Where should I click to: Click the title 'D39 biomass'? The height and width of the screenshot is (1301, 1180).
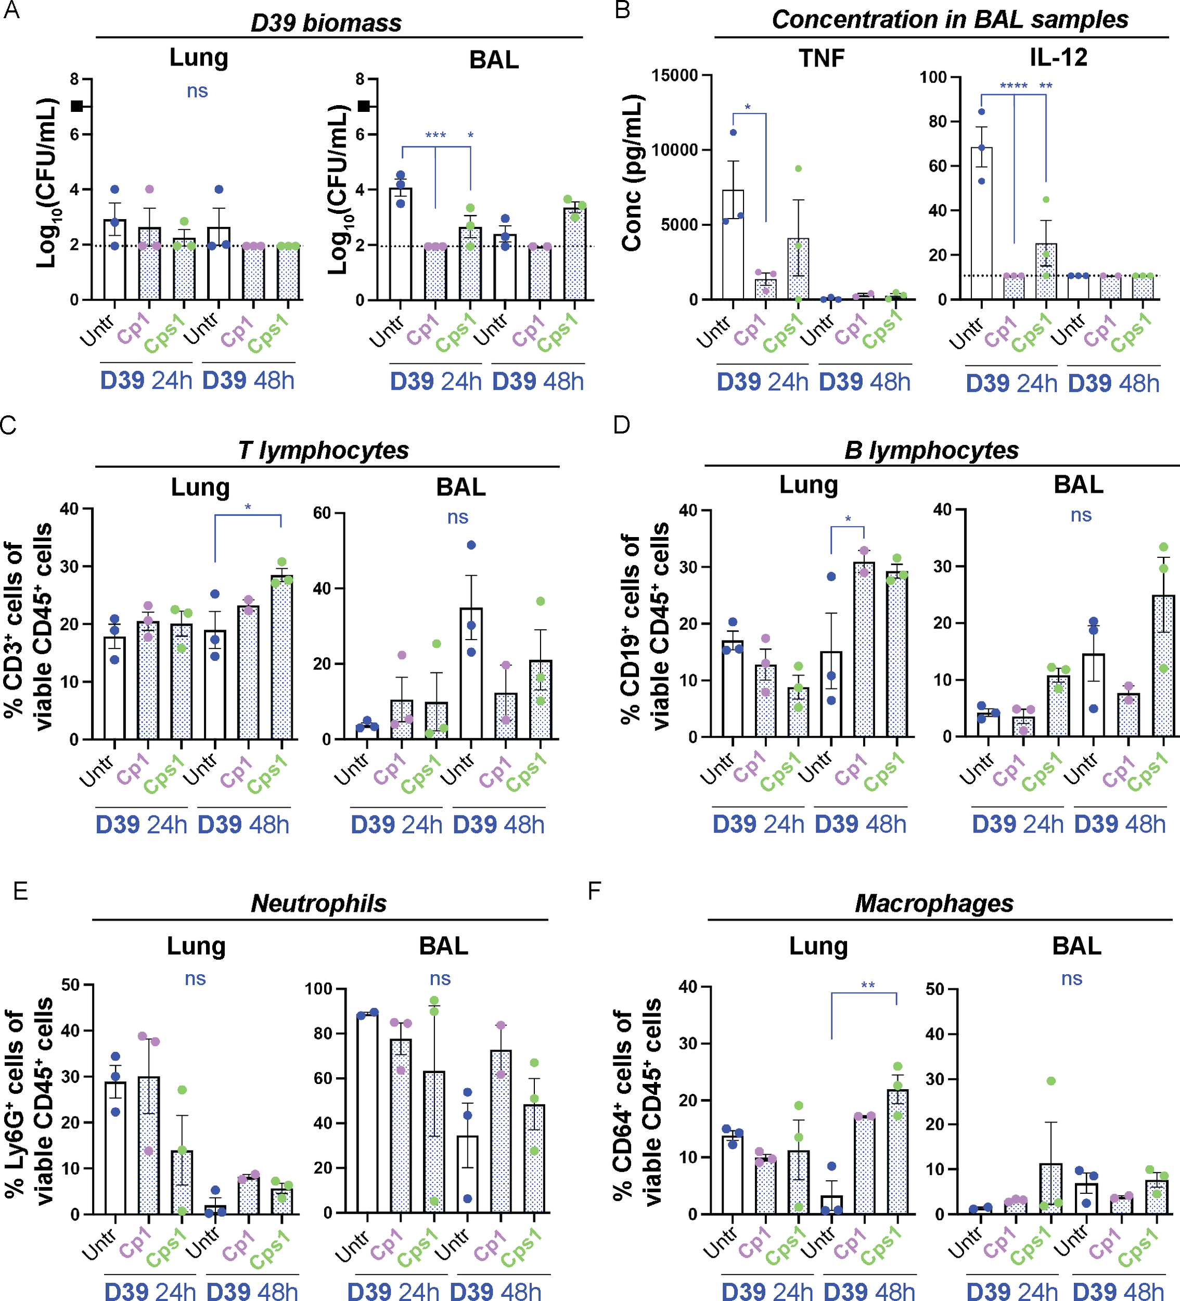point(326,23)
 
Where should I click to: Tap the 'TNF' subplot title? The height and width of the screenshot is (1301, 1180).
point(822,59)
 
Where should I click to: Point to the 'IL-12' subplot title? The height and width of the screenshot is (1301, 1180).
point(1058,57)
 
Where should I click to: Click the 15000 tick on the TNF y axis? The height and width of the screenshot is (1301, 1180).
point(675,76)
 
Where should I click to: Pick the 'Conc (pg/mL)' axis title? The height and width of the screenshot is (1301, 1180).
point(632,173)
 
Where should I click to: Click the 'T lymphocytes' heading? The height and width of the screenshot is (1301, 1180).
point(323,451)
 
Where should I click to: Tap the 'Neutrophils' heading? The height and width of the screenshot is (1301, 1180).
point(319,903)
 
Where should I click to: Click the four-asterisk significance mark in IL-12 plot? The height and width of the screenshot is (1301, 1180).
point(1014,86)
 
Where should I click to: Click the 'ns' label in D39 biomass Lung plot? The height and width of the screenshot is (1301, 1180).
point(197,92)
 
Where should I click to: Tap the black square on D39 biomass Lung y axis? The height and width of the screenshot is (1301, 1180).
point(78,106)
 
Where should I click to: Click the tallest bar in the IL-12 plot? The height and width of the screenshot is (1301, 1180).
point(981,223)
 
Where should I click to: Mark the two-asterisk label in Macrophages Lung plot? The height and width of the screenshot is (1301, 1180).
point(868,986)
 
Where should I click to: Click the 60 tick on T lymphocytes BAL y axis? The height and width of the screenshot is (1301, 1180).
point(322,514)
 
